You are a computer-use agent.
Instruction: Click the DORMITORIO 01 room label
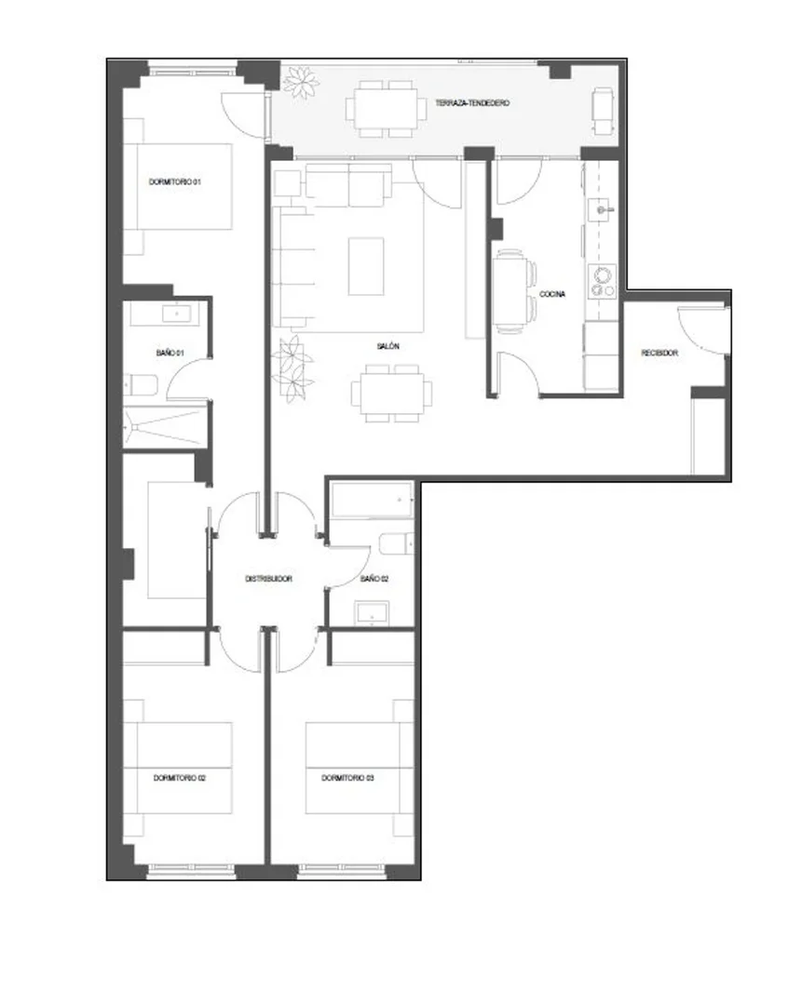click(175, 182)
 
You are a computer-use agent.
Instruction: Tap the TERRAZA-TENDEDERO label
click(472, 103)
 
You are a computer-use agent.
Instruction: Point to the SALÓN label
click(387, 346)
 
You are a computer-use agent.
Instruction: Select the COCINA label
click(552, 295)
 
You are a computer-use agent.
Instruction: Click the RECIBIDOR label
click(659, 353)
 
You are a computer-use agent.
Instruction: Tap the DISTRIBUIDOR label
click(268, 579)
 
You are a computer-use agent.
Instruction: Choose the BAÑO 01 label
click(170, 353)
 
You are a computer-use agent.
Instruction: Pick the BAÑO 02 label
click(374, 579)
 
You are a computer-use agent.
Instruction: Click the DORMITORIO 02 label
click(180, 779)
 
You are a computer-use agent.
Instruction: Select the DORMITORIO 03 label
click(347, 779)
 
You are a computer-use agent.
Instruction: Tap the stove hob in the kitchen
click(603, 282)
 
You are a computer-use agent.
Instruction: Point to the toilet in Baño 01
click(141, 385)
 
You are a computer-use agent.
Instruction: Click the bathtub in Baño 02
click(372, 500)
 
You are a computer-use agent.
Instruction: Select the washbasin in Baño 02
click(372, 613)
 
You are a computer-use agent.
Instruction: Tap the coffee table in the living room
click(366, 266)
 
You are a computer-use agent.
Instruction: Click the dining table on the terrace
click(386, 108)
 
